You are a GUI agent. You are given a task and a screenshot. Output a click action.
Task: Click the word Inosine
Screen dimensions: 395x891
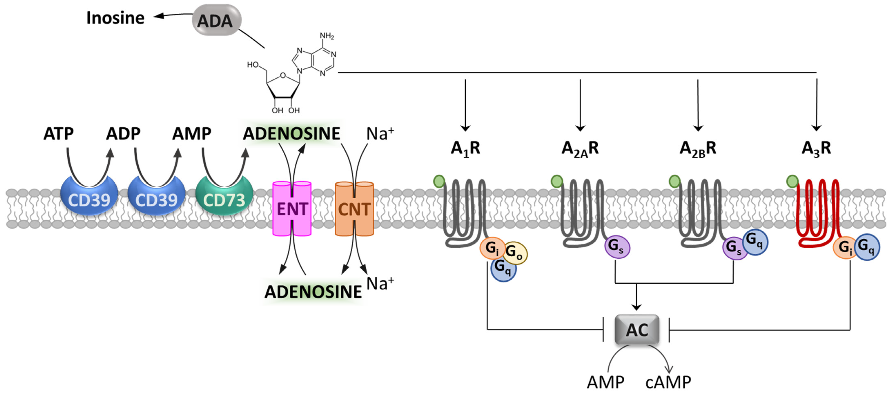(x=115, y=18)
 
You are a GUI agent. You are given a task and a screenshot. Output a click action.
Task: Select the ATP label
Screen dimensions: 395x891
(x=58, y=134)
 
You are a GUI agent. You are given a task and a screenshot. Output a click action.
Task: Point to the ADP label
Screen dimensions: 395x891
(x=123, y=134)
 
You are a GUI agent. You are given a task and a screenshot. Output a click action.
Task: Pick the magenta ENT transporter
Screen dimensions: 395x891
(x=292, y=209)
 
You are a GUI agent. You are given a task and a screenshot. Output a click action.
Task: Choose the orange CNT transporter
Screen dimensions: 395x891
(x=354, y=209)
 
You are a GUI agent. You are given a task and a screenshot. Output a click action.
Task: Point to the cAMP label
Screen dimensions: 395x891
(x=668, y=382)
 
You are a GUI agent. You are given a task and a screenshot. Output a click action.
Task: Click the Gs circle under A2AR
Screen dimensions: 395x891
(x=617, y=247)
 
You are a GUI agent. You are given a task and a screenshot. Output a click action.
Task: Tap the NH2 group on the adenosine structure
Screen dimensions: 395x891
(x=326, y=36)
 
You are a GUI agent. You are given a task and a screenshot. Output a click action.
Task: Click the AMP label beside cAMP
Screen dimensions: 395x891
(x=606, y=382)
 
